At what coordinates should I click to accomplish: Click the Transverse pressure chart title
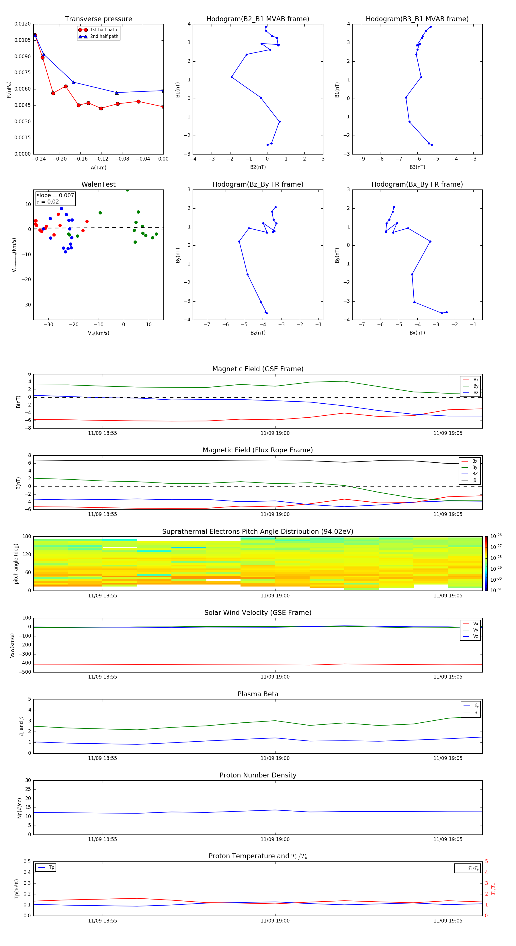98,19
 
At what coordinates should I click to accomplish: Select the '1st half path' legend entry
103,30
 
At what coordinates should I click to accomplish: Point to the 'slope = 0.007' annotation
55,196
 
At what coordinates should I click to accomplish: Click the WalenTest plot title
98,184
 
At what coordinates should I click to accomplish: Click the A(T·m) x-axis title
98,168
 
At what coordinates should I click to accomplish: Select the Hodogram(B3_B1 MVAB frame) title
417,19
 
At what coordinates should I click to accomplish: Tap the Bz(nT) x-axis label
258,333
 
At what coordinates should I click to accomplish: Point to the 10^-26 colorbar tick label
496,536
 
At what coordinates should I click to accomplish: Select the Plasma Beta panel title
258,694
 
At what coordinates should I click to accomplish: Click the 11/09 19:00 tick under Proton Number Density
275,839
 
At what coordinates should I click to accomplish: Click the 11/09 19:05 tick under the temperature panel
448,921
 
